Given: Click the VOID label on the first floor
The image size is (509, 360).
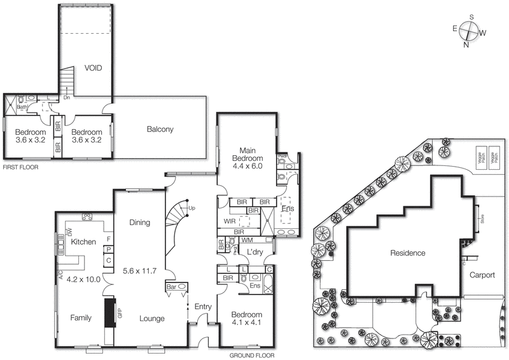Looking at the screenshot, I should [93, 68].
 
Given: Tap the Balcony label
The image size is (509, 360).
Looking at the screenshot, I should [160, 129].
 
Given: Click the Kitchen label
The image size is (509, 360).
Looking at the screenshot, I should [83, 242].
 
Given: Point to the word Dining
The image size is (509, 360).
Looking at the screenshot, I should [139, 223].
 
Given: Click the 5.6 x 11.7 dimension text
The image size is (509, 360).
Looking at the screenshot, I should [139, 270].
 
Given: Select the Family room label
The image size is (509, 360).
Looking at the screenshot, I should [81, 318].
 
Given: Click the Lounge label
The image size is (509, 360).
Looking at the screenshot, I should [152, 319].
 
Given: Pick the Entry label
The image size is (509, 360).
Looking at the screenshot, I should [204, 307].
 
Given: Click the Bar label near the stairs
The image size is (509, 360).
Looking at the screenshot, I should [172, 286].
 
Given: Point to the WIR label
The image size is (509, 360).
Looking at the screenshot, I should [230, 221].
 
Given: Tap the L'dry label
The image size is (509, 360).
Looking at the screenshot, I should [254, 253].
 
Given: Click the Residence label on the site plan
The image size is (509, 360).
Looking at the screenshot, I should [408, 253].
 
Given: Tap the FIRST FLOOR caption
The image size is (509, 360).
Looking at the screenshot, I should [20, 167].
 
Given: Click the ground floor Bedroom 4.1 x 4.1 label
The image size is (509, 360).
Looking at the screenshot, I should [246, 319].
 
